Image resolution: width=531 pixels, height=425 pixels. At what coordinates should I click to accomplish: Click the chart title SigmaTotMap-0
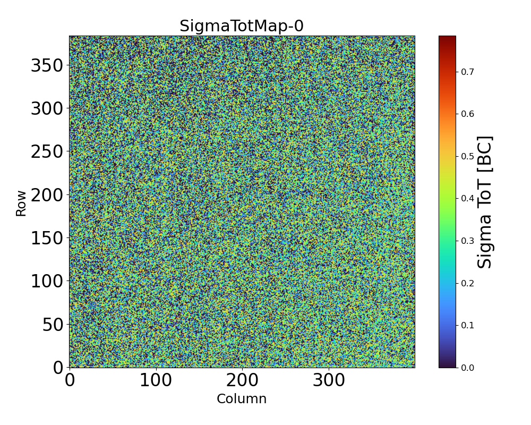(242, 26)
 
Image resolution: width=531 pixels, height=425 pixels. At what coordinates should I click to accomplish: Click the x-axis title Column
(242, 399)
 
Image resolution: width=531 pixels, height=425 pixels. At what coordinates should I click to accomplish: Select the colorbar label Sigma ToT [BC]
(485, 202)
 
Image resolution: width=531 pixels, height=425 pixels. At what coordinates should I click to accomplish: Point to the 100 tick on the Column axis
(156, 380)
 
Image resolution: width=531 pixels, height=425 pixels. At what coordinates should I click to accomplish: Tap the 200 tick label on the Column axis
(242, 380)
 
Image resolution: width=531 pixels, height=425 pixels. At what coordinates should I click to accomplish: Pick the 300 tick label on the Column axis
(329, 380)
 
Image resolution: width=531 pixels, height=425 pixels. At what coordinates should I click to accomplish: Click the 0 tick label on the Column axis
(70, 380)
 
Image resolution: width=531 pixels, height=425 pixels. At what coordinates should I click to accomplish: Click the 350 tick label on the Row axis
(47, 66)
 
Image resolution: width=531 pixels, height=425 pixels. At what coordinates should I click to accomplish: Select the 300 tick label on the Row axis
(47, 109)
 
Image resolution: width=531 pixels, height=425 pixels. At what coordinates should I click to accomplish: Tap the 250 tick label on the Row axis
(47, 152)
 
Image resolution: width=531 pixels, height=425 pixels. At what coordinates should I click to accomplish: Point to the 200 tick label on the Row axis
(47, 195)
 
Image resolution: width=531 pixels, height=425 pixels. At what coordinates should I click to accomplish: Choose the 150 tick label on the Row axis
(47, 238)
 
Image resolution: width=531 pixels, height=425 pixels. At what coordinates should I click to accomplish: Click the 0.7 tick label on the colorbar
(468, 72)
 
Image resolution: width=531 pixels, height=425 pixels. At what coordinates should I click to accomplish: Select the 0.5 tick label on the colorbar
(468, 156)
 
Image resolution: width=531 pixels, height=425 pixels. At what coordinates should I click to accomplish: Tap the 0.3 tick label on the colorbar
(468, 241)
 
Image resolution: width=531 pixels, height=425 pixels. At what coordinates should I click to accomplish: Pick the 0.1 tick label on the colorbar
(468, 325)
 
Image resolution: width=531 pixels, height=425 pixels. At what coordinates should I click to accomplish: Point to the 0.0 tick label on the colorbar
(468, 367)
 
